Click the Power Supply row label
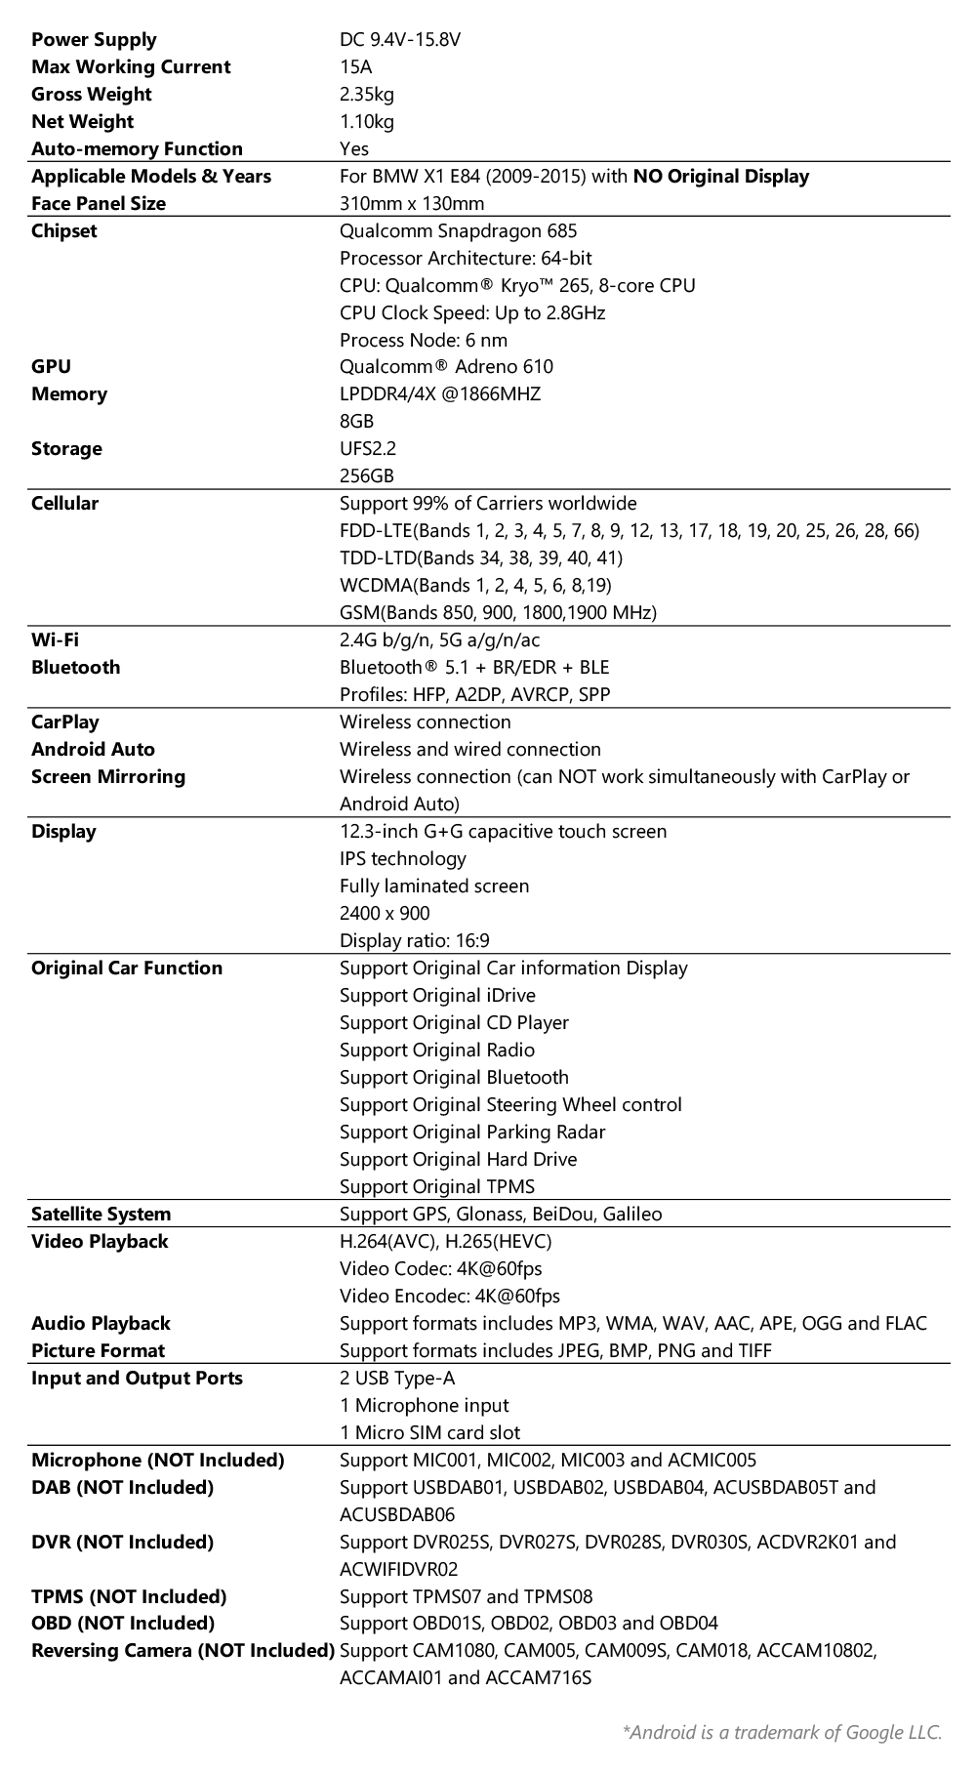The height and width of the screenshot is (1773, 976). click(x=94, y=40)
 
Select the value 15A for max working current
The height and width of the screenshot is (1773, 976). click(x=355, y=67)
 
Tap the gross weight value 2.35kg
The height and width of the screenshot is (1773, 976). click(x=366, y=95)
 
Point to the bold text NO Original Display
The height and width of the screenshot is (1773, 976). click(x=720, y=177)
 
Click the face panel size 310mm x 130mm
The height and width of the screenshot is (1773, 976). click(x=411, y=204)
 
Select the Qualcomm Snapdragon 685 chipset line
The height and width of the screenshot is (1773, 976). click(x=458, y=231)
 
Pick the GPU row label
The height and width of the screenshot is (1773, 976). click(x=51, y=367)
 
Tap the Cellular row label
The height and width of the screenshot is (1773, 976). click(x=64, y=504)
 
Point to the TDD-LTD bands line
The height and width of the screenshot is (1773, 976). click(x=480, y=558)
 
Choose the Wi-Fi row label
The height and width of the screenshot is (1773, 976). click(x=55, y=640)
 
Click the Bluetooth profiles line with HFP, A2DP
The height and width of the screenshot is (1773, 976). click(x=474, y=695)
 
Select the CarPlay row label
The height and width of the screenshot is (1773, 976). click(x=64, y=722)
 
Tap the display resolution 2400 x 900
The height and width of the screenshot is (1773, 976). click(x=384, y=914)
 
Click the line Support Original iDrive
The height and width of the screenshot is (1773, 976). click(x=436, y=996)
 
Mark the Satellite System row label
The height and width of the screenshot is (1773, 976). click(x=101, y=1215)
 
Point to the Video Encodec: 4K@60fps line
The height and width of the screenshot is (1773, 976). click(x=449, y=1297)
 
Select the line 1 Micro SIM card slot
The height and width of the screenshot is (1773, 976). click(x=429, y=1433)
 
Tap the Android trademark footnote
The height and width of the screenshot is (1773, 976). click(x=782, y=1733)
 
